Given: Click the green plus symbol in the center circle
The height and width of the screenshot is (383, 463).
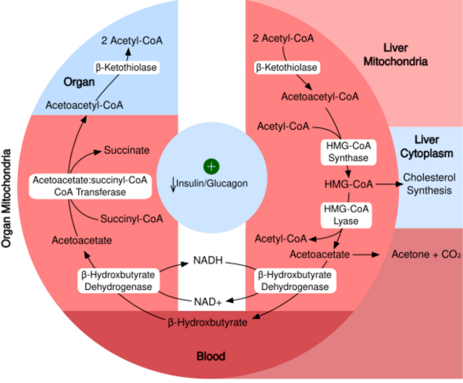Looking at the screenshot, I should (211, 166).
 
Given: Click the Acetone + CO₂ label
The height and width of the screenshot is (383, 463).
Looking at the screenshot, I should (426, 255).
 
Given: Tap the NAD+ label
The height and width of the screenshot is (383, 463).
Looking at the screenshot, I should (208, 301).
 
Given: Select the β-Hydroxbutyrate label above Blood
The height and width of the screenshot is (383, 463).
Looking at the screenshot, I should (208, 322).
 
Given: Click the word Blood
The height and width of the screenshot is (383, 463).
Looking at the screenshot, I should (211, 356).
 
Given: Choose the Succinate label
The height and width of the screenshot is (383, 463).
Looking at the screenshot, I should (127, 150).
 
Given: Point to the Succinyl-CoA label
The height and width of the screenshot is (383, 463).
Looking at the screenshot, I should (132, 219).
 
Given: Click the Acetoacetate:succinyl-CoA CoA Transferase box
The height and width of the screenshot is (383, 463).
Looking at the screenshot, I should (90, 185).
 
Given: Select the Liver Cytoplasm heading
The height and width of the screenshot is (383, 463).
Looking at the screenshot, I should (427, 146).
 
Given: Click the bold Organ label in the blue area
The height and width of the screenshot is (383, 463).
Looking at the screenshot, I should (79, 82).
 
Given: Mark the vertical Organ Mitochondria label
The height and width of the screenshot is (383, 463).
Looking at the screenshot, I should (8, 198).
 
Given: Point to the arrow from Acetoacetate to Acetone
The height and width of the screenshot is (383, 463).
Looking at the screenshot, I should (367, 255).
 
